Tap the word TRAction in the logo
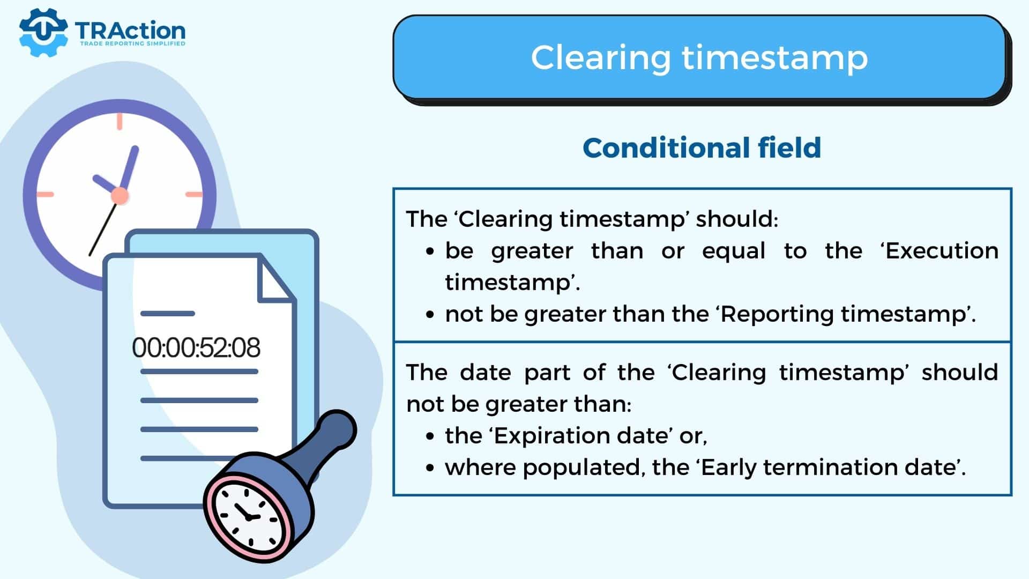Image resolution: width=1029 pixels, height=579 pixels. tap(130, 31)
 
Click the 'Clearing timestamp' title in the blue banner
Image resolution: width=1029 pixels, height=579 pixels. tap(699, 57)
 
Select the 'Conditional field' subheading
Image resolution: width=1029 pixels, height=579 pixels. tap(702, 147)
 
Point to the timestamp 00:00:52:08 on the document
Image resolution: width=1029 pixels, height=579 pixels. tap(196, 347)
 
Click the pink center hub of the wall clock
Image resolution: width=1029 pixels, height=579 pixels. tap(120, 196)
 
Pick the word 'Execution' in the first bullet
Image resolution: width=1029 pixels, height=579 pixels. tap(941, 250)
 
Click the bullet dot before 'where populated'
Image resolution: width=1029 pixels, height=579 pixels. tap(430, 468)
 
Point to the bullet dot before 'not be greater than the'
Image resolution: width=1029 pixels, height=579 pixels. tap(430, 315)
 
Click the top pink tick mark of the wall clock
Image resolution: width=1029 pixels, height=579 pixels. tap(120, 121)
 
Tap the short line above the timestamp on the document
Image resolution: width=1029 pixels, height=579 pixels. tap(167, 313)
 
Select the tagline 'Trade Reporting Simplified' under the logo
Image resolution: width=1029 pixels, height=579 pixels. tap(132, 43)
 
